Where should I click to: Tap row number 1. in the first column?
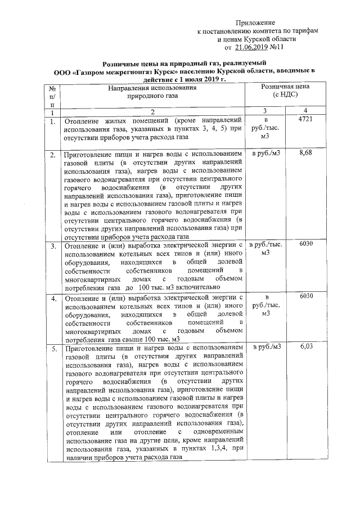pos(52,121)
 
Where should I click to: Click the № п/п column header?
pos(52,96)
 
